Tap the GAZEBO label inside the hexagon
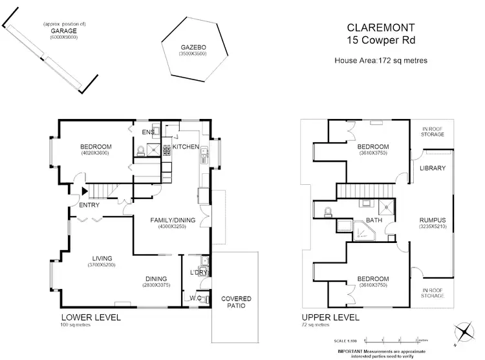pyautogui.click(x=191, y=47)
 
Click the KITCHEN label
pyautogui.click(x=186, y=147)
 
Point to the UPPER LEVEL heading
pyautogui.click(x=329, y=318)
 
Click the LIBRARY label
pyautogui.click(x=433, y=168)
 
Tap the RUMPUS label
pyautogui.click(x=433, y=220)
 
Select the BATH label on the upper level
pyautogui.click(x=374, y=220)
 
